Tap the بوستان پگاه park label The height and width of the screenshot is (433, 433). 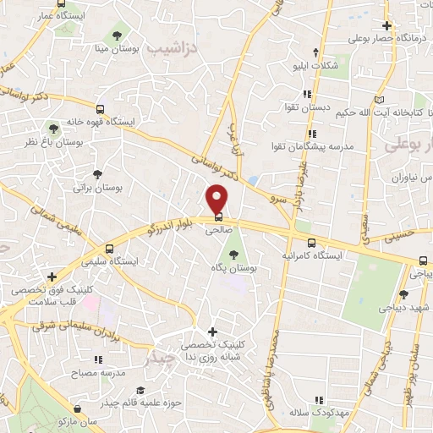point(234,267)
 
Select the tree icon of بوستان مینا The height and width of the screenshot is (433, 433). point(118,35)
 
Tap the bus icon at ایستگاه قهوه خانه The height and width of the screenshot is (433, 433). point(101,109)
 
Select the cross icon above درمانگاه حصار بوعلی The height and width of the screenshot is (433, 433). point(386,25)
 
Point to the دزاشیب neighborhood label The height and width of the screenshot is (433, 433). point(177,48)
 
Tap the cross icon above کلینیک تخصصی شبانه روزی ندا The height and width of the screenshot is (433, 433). point(211,331)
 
